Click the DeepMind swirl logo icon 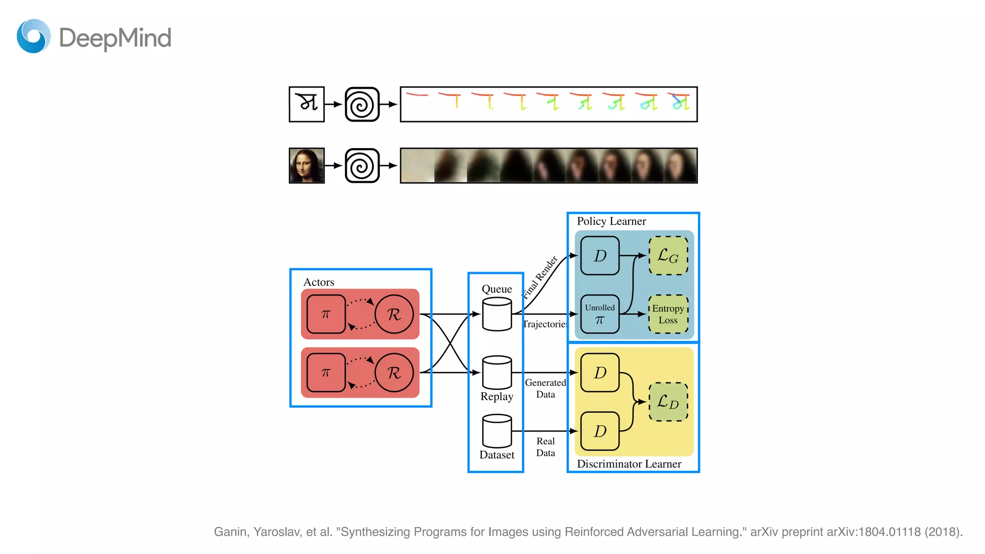(x=34, y=37)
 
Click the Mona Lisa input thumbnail (x=306, y=165)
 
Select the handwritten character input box (x=306, y=104)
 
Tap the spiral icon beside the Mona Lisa (x=362, y=165)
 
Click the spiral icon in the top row (x=362, y=104)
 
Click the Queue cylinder (x=497, y=314)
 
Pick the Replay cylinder (x=497, y=373)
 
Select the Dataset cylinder (x=497, y=431)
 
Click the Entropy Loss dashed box (x=668, y=314)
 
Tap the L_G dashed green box (x=668, y=255)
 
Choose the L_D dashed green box (x=668, y=402)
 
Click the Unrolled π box (x=600, y=314)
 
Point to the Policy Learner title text (x=611, y=221)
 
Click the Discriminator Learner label (x=629, y=464)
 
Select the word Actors (x=318, y=282)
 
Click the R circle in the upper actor (x=394, y=314)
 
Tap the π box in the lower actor (x=326, y=373)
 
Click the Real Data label (x=545, y=447)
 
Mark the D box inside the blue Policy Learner (x=600, y=255)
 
